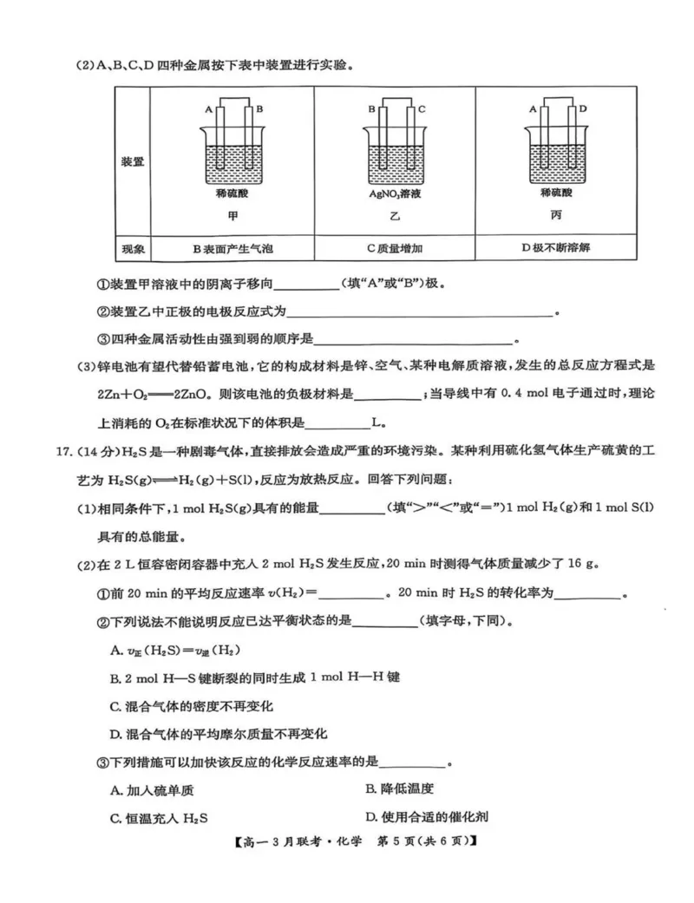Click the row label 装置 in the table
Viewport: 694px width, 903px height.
pyautogui.click(x=133, y=161)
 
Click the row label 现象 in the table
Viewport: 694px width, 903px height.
pyautogui.click(x=133, y=249)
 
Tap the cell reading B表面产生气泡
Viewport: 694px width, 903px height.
pyautogui.click(x=232, y=249)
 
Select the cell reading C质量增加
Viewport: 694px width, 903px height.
pyautogui.click(x=395, y=249)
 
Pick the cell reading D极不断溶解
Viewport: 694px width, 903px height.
pyautogui.click(x=556, y=248)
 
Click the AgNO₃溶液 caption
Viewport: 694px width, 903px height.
pyautogui.click(x=395, y=195)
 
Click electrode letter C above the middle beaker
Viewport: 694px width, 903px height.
pyautogui.click(x=422, y=110)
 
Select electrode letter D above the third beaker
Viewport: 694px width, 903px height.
pyautogui.click(x=583, y=110)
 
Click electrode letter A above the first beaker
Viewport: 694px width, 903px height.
pyautogui.click(x=208, y=110)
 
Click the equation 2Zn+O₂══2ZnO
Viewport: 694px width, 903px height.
pyautogui.click(x=153, y=393)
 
